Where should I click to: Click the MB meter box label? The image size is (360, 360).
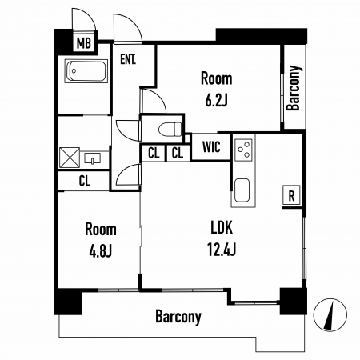pyautogui.click(x=84, y=43)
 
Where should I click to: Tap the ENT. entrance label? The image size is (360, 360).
pyautogui.click(x=128, y=59)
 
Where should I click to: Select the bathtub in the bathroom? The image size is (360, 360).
pyautogui.click(x=86, y=71)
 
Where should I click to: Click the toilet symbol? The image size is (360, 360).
pyautogui.click(x=170, y=129)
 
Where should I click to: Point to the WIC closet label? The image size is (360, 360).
pyautogui.click(x=211, y=146)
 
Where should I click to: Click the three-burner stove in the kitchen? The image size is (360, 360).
pyautogui.click(x=243, y=150)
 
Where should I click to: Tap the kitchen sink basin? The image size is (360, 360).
pyautogui.click(x=242, y=190)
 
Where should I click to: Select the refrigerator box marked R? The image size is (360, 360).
pyautogui.click(x=291, y=195)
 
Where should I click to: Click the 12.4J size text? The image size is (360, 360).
pyautogui.click(x=222, y=249)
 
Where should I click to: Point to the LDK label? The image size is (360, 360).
pyautogui.click(x=222, y=228)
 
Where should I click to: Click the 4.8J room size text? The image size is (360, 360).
pyautogui.click(x=101, y=250)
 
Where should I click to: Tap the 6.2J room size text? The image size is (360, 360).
pyautogui.click(x=216, y=100)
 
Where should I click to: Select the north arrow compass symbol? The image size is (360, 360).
pyautogui.click(x=330, y=315)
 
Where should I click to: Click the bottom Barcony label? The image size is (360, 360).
pyautogui.click(x=178, y=317)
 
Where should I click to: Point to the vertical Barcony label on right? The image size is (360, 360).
pyautogui.click(x=294, y=88)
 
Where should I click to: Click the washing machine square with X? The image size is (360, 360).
pyautogui.click(x=70, y=158)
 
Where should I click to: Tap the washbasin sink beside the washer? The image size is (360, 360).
pyautogui.click(x=93, y=158)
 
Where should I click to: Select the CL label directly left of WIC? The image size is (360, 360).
pyautogui.click(x=178, y=153)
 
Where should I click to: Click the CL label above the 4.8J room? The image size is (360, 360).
pyautogui.click(x=85, y=181)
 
